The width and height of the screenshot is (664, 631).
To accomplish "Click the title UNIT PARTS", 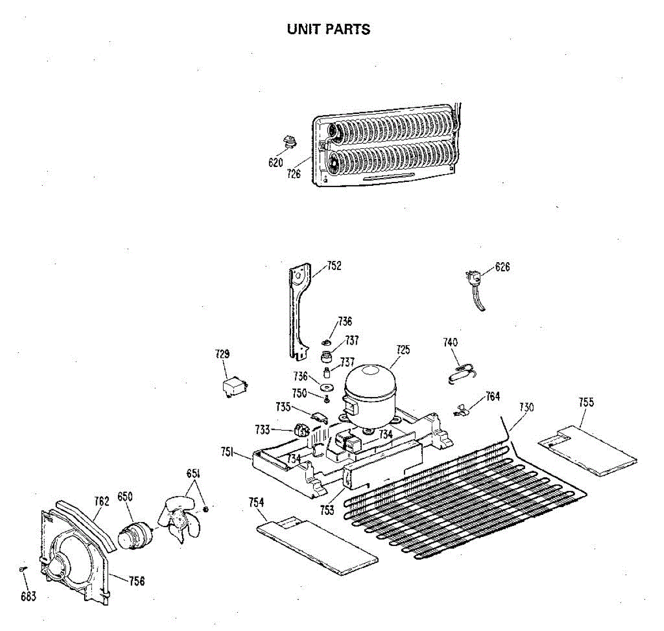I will click(329, 29).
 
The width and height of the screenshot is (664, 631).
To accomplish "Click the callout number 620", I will click(276, 163).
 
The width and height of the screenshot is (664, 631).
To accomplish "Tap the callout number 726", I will click(294, 174).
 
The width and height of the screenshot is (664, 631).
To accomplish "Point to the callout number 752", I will click(334, 266).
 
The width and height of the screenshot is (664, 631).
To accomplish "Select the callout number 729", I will click(222, 354).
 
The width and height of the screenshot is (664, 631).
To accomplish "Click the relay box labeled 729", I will click(233, 387).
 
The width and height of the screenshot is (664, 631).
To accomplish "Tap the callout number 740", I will click(450, 343).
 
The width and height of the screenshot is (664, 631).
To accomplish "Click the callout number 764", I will click(492, 397).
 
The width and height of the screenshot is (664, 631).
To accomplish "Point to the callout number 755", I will click(586, 402).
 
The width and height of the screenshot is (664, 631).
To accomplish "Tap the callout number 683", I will click(28, 596).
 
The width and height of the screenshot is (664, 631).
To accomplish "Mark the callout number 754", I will click(256, 502).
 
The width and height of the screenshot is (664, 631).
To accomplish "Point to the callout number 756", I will click(137, 581).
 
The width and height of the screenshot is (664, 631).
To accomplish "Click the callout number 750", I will click(299, 393).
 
